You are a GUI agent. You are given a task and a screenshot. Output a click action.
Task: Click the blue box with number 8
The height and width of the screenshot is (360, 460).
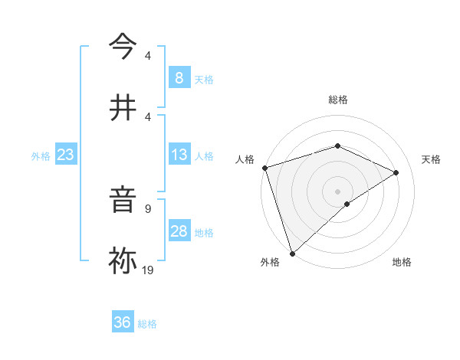click(179, 78)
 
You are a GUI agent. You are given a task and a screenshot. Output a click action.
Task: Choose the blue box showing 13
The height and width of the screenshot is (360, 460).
click(179, 155)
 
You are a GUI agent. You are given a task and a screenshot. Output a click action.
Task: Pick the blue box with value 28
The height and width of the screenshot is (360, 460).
click(179, 231)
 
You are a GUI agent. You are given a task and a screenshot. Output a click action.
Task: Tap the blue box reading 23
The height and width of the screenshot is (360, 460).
click(66, 155)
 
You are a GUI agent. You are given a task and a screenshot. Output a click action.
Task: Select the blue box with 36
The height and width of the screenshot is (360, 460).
click(123, 322)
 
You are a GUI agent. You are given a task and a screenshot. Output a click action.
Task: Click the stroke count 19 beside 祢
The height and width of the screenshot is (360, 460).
click(148, 270)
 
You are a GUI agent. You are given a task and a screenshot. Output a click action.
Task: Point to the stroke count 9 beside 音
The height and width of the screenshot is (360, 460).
click(148, 208)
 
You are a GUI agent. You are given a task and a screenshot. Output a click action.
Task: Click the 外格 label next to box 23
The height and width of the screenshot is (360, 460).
click(41, 156)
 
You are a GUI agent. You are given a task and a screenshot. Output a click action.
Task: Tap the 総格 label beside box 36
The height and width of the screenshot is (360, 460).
click(147, 324)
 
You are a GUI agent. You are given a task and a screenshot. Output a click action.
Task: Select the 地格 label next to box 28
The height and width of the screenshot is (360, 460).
click(204, 233)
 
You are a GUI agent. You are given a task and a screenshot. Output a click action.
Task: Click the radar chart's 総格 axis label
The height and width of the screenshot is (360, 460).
click(338, 100)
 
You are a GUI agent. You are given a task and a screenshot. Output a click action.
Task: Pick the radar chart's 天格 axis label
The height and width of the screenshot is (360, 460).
click(432, 159)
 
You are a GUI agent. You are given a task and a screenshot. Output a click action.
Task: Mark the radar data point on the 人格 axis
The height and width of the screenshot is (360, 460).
click(264, 168)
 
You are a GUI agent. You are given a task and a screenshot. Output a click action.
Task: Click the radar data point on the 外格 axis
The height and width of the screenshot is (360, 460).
click(292, 253)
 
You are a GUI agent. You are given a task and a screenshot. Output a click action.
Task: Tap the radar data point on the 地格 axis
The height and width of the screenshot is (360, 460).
click(347, 204)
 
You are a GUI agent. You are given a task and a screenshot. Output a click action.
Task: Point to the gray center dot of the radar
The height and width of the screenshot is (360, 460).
click(337, 191)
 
